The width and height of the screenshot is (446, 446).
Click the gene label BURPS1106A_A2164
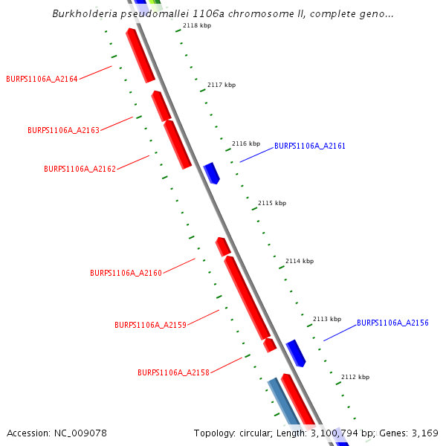pos(42,79)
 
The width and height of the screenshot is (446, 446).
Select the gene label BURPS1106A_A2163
pos(63,130)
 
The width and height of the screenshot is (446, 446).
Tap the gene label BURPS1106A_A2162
pos(80,169)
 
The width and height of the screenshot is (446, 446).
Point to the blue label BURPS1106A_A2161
pos(309,146)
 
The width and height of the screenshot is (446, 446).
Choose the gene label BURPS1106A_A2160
pos(126,274)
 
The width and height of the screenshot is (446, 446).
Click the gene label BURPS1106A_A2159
pos(150,326)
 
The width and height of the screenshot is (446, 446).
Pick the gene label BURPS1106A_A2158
pos(173,372)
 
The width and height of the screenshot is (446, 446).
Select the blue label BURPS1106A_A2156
pos(392,323)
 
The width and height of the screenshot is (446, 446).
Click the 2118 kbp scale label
pos(197,26)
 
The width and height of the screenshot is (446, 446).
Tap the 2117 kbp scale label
pos(221,85)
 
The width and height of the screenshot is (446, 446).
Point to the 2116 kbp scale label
pos(246,144)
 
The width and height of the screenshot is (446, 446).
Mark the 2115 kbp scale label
pos(271,203)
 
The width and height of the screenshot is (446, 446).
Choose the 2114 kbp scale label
pos(299,262)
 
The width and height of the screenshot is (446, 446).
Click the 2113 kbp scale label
pos(326,319)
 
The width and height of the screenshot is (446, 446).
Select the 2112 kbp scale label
pos(355,378)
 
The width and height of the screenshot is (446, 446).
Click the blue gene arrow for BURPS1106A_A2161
pos(212,173)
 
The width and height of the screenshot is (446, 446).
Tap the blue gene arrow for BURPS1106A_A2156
pos(296,352)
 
